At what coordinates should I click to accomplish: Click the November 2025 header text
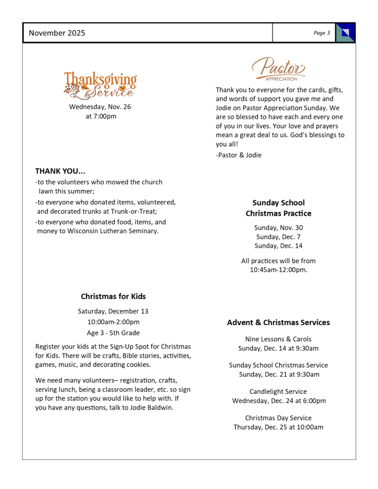pyautogui.click(x=57, y=33)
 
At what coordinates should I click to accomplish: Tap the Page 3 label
pyautogui.click(x=322, y=33)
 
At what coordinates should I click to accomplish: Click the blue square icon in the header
pyautogui.click(x=346, y=33)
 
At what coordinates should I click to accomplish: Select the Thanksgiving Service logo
pyautogui.click(x=100, y=85)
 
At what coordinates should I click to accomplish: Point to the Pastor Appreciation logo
pyautogui.click(x=279, y=69)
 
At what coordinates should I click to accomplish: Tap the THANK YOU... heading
pyautogui.click(x=60, y=171)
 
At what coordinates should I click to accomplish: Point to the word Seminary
pyautogui.click(x=142, y=231)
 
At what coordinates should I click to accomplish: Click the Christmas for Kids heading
pyautogui.click(x=113, y=297)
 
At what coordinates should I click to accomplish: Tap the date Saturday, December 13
pyautogui.click(x=113, y=311)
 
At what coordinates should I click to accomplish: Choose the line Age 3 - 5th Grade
pyautogui.click(x=113, y=333)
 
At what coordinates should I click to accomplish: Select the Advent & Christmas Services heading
pyautogui.click(x=278, y=323)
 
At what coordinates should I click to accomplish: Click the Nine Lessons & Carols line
pyautogui.click(x=278, y=339)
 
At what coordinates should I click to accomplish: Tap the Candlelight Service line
pyautogui.click(x=278, y=392)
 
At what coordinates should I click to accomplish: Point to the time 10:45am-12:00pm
pyautogui.click(x=278, y=270)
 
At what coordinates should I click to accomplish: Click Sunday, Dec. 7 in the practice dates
pyautogui.click(x=278, y=237)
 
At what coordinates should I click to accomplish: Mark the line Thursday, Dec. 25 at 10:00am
pyautogui.click(x=278, y=427)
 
